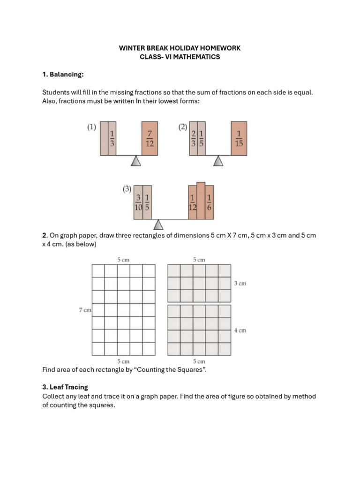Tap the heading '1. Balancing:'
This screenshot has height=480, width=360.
(x=63, y=75)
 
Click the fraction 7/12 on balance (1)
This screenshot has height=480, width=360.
(x=150, y=138)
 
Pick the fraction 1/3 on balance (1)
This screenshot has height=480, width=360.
(x=112, y=138)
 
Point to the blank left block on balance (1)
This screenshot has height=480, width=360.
(x=104, y=138)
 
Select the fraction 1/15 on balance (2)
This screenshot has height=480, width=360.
(x=239, y=138)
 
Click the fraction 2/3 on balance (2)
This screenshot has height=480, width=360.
(x=193, y=138)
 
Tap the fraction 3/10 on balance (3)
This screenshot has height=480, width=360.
(x=138, y=202)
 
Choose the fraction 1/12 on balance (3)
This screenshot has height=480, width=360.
(x=192, y=202)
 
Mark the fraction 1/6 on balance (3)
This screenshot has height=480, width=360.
(x=209, y=202)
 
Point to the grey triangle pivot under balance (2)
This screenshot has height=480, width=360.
(x=218, y=161)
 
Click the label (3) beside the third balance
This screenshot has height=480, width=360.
(x=127, y=189)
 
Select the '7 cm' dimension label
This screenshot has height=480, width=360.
(x=85, y=310)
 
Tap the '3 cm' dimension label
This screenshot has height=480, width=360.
(x=240, y=284)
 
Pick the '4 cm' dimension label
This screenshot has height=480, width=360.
(x=240, y=330)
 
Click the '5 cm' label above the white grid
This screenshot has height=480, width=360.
(x=123, y=259)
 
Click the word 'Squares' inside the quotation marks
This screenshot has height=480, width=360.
(x=191, y=370)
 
